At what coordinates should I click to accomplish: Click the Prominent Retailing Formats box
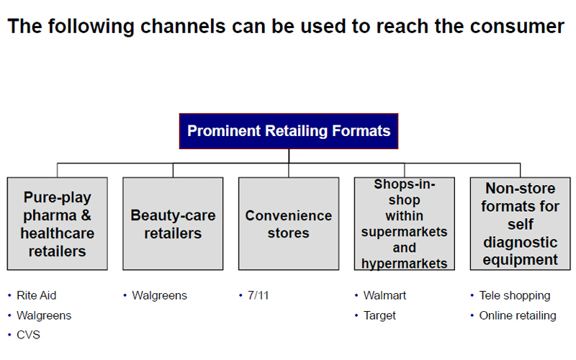click(x=289, y=131)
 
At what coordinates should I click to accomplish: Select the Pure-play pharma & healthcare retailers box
click(x=58, y=224)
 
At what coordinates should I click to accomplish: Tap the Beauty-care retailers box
click(x=173, y=224)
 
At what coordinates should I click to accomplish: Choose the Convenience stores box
click(x=289, y=224)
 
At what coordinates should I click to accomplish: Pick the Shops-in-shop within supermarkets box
click(x=405, y=224)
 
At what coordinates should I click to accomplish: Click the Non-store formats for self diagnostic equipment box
click(x=520, y=224)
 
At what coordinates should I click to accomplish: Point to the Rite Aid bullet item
click(x=37, y=295)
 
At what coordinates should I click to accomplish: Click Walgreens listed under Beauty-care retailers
click(x=159, y=295)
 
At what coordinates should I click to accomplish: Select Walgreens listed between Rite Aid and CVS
click(x=44, y=315)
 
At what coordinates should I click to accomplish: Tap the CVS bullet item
click(x=28, y=335)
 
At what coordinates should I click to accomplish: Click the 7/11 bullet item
click(x=258, y=295)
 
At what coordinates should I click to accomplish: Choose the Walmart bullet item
click(x=384, y=295)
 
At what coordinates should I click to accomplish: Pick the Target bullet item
click(x=379, y=315)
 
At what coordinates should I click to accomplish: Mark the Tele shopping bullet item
click(x=515, y=295)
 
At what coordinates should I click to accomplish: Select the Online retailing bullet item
click(x=518, y=315)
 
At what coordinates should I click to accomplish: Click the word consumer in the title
click(x=517, y=27)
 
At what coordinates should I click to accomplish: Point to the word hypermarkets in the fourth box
click(x=405, y=264)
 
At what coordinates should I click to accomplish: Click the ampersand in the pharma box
click(x=86, y=215)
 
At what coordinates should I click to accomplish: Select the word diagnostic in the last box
click(x=520, y=243)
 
